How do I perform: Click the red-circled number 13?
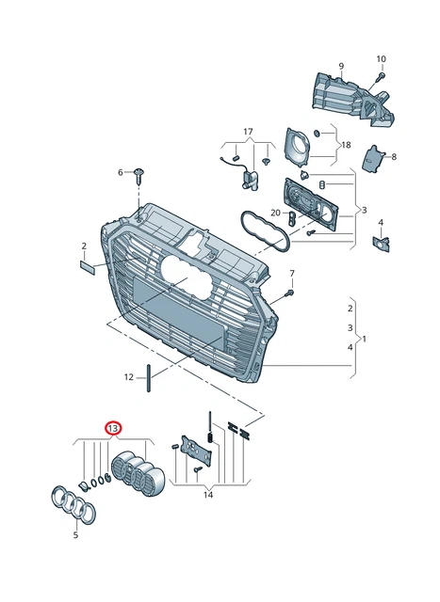(x=113, y=428)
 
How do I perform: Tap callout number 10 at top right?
(x=382, y=58)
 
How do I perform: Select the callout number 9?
(x=341, y=66)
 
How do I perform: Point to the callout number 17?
(x=248, y=131)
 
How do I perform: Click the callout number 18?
(x=345, y=145)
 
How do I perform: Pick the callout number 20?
(x=275, y=213)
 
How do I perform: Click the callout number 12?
(x=129, y=377)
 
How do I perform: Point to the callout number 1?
(x=364, y=339)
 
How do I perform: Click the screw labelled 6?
(x=140, y=173)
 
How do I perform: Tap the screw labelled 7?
(x=289, y=293)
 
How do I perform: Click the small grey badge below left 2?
(x=87, y=268)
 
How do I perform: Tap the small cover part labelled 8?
(x=376, y=158)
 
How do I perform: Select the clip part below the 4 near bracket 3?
(x=383, y=244)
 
